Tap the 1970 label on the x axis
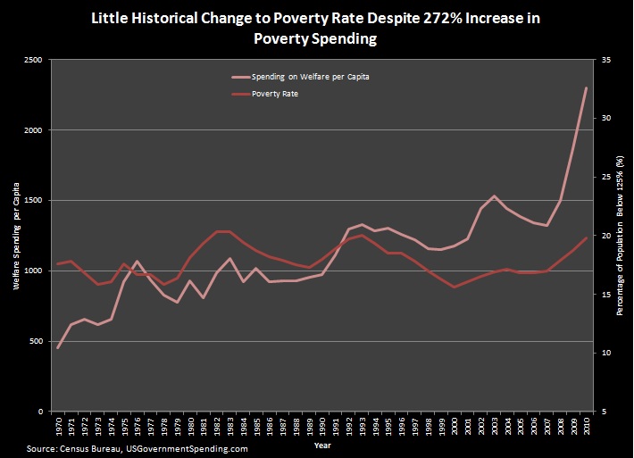pyautogui.click(x=58, y=427)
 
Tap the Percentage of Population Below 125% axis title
pyautogui.click(x=620, y=236)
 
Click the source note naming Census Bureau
pyautogui.click(x=138, y=449)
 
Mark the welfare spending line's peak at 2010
pyautogui.click(x=586, y=88)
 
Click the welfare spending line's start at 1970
pyautogui.click(x=58, y=347)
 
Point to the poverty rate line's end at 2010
pyautogui.click(x=586, y=238)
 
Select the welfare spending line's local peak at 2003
pyautogui.click(x=494, y=196)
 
